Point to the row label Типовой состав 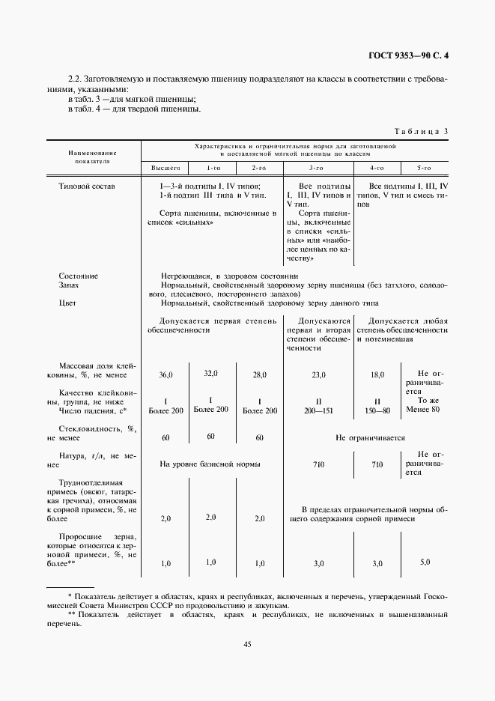[86, 186]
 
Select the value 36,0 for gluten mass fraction [166, 374]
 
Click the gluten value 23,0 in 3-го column [318, 374]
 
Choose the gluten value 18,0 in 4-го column [377, 374]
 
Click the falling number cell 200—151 [318, 410]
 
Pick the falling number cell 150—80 [377, 410]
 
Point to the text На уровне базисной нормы [210, 464]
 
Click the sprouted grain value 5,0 [425, 562]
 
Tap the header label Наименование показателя [93, 155]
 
